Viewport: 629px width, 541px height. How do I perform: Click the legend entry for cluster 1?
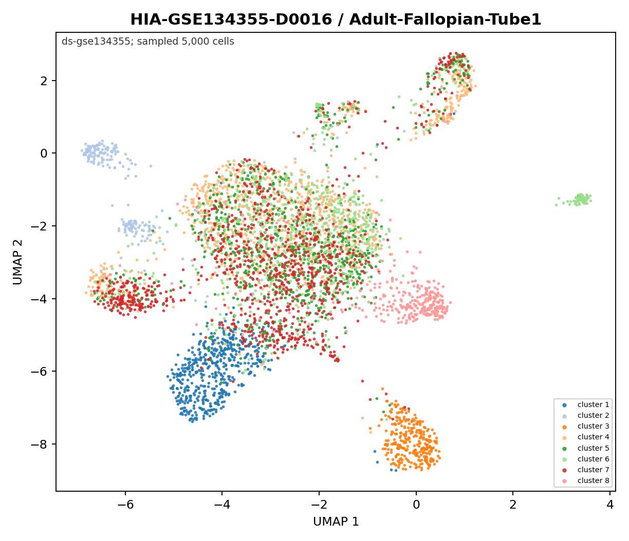585,405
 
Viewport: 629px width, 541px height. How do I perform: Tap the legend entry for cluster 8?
585,481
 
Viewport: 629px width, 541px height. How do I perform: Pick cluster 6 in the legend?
585,459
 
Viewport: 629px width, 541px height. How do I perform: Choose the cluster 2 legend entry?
585,415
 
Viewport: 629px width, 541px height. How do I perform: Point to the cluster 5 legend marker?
564,449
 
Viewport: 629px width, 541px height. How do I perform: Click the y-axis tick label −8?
39,445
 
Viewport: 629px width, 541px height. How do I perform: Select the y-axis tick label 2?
44,81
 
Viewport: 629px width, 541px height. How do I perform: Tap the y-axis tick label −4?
39,299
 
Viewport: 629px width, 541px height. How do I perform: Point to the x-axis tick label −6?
125,505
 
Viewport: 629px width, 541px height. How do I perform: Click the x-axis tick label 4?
610,505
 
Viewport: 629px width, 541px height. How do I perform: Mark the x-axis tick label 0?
416,505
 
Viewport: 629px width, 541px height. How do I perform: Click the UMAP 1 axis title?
336,522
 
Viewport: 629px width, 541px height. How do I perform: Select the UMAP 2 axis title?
18,262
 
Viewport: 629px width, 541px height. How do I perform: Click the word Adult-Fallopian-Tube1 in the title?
445,20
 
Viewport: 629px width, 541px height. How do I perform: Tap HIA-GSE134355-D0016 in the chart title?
231,20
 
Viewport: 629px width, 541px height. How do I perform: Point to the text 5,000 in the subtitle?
193,42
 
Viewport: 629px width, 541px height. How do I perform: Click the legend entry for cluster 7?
585,470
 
